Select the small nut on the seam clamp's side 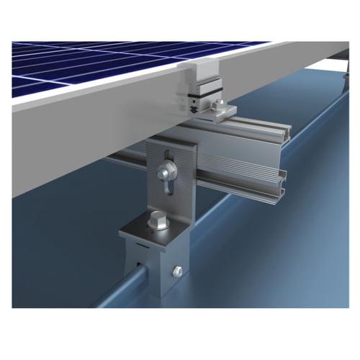(x=175, y=271)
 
